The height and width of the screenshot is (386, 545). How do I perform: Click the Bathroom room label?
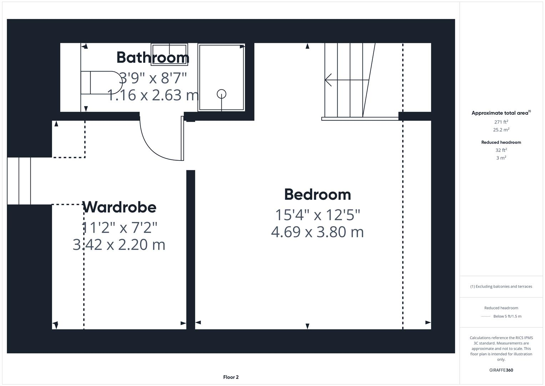click(x=153, y=57)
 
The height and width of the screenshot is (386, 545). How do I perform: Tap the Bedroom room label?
click(x=317, y=194)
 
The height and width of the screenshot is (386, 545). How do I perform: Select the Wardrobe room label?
click(x=119, y=207)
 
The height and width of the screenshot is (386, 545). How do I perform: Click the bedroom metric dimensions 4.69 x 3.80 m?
click(x=317, y=232)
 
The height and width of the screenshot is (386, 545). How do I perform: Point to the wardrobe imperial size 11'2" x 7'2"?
click(x=119, y=227)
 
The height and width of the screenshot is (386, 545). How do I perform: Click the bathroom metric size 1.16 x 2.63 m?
click(x=153, y=95)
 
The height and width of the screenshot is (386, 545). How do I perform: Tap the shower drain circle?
click(x=222, y=94)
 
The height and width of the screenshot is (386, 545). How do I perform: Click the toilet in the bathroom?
click(x=102, y=83)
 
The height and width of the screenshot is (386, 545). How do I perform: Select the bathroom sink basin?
click(x=169, y=54)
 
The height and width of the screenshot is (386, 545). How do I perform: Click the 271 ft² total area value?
click(x=501, y=122)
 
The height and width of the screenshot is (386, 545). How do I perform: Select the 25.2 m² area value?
click(x=501, y=130)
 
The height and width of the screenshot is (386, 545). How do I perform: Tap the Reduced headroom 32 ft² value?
click(x=501, y=150)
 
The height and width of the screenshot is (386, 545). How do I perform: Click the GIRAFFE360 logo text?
click(x=501, y=370)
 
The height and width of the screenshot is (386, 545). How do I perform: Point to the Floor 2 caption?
click(x=231, y=377)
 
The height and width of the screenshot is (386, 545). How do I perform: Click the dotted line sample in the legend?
click(x=485, y=316)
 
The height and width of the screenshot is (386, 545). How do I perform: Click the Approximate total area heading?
click(x=500, y=113)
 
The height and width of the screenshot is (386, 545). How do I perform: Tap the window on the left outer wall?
click(x=19, y=181)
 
